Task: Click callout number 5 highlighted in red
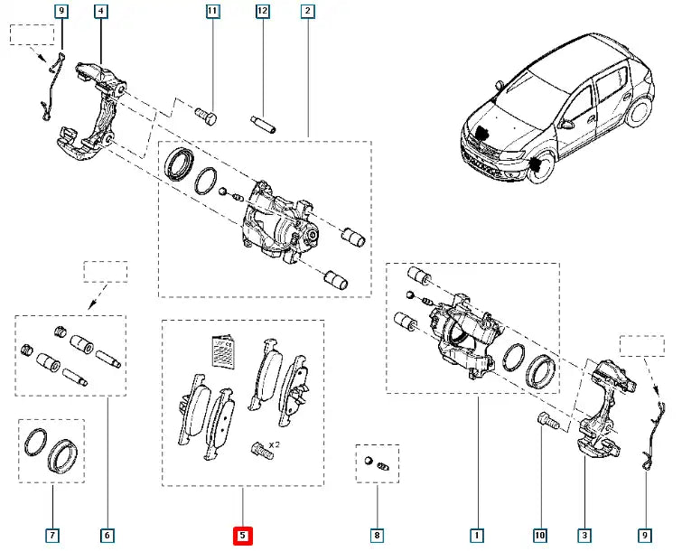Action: pos(242,536)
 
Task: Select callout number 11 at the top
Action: pos(212,12)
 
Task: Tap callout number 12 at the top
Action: pos(262,12)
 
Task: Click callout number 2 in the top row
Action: pos(309,12)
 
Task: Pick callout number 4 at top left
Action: pos(100,12)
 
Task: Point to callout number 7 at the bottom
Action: pos(52,536)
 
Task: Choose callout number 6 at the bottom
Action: pos(107,536)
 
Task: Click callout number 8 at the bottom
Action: pos(378,536)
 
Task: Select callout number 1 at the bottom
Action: pos(476,536)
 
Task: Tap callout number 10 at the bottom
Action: pos(540,536)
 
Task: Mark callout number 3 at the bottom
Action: pos(584,536)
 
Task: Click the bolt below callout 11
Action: pos(206,117)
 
